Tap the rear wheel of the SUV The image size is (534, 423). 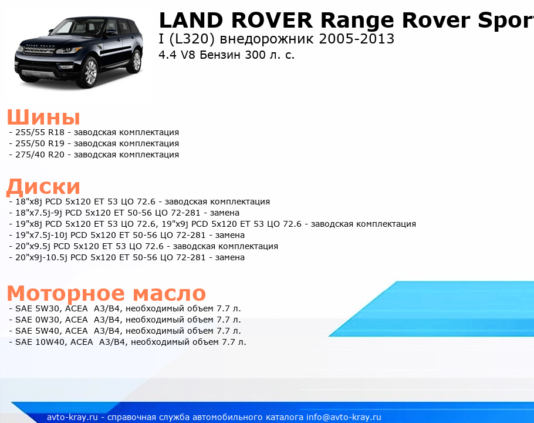(x=136, y=61)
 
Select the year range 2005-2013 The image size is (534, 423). (x=357, y=39)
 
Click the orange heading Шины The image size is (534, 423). (x=43, y=117)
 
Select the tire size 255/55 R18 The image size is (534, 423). (x=40, y=132)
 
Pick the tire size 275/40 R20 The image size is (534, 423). (x=40, y=155)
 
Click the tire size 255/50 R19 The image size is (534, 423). (x=40, y=143)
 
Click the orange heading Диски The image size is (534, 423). (x=43, y=187)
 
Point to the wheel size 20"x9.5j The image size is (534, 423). (x=33, y=246)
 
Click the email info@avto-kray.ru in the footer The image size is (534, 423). (x=344, y=417)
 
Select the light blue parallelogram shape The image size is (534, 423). (x=431, y=309)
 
